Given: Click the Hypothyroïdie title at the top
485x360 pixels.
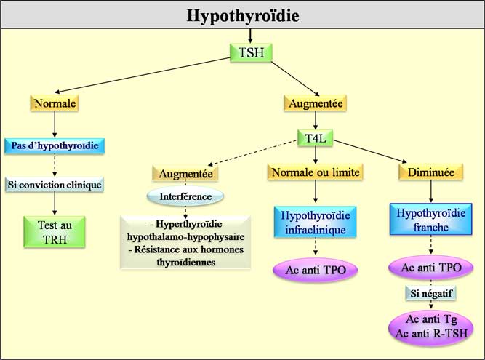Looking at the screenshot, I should coord(243,15).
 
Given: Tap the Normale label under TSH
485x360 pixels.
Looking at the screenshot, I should coord(54,103).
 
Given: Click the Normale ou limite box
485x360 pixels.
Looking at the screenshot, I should coord(316,174).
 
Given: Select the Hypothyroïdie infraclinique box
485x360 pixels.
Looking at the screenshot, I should coord(316,222).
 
